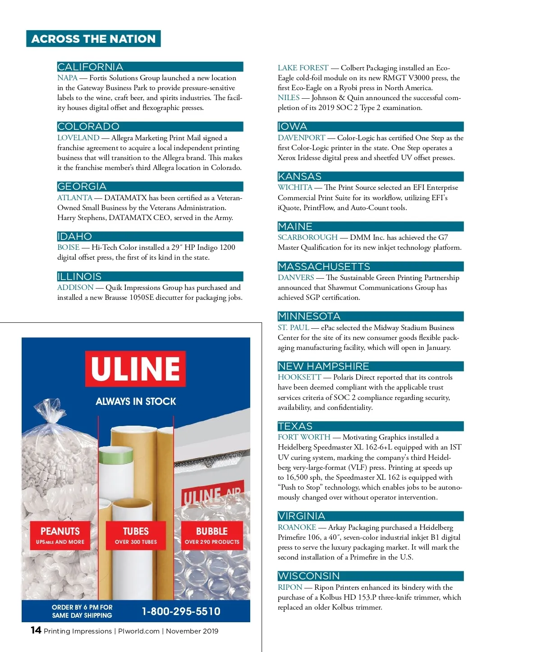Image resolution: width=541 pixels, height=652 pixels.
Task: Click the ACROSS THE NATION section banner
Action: pos(93,39)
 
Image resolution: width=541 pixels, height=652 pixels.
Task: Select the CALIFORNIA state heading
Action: pos(150,67)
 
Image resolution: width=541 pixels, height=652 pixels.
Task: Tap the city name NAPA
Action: pos(67,78)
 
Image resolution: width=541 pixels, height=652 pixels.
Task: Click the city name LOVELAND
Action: pos(78,138)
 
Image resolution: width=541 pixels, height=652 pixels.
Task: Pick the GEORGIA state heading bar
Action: pos(150,186)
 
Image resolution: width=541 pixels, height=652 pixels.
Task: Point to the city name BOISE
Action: pos(68,247)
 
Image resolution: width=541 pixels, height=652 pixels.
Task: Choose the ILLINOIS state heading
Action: pos(150,276)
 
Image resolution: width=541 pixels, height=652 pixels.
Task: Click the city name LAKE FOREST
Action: pos(303,68)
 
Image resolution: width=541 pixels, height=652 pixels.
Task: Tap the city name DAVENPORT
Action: pos(301,138)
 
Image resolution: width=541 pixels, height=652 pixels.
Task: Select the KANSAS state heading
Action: pos(370,176)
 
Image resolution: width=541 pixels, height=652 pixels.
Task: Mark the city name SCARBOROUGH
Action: pos(307,237)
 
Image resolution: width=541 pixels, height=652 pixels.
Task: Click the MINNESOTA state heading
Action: pos(370,316)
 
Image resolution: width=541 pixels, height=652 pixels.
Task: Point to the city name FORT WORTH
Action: pos(304,437)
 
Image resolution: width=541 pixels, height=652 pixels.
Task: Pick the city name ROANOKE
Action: pos(297,527)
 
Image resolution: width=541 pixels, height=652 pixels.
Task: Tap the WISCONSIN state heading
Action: pos(370,576)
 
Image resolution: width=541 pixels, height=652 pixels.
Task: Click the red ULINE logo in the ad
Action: pos(135,368)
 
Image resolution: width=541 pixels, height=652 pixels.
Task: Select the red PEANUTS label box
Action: pos(60,535)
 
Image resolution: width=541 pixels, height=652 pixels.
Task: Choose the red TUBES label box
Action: pos(136,535)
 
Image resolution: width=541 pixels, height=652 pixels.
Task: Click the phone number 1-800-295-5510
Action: pos(181,611)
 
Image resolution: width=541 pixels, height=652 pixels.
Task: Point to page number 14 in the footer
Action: pos(36,630)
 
